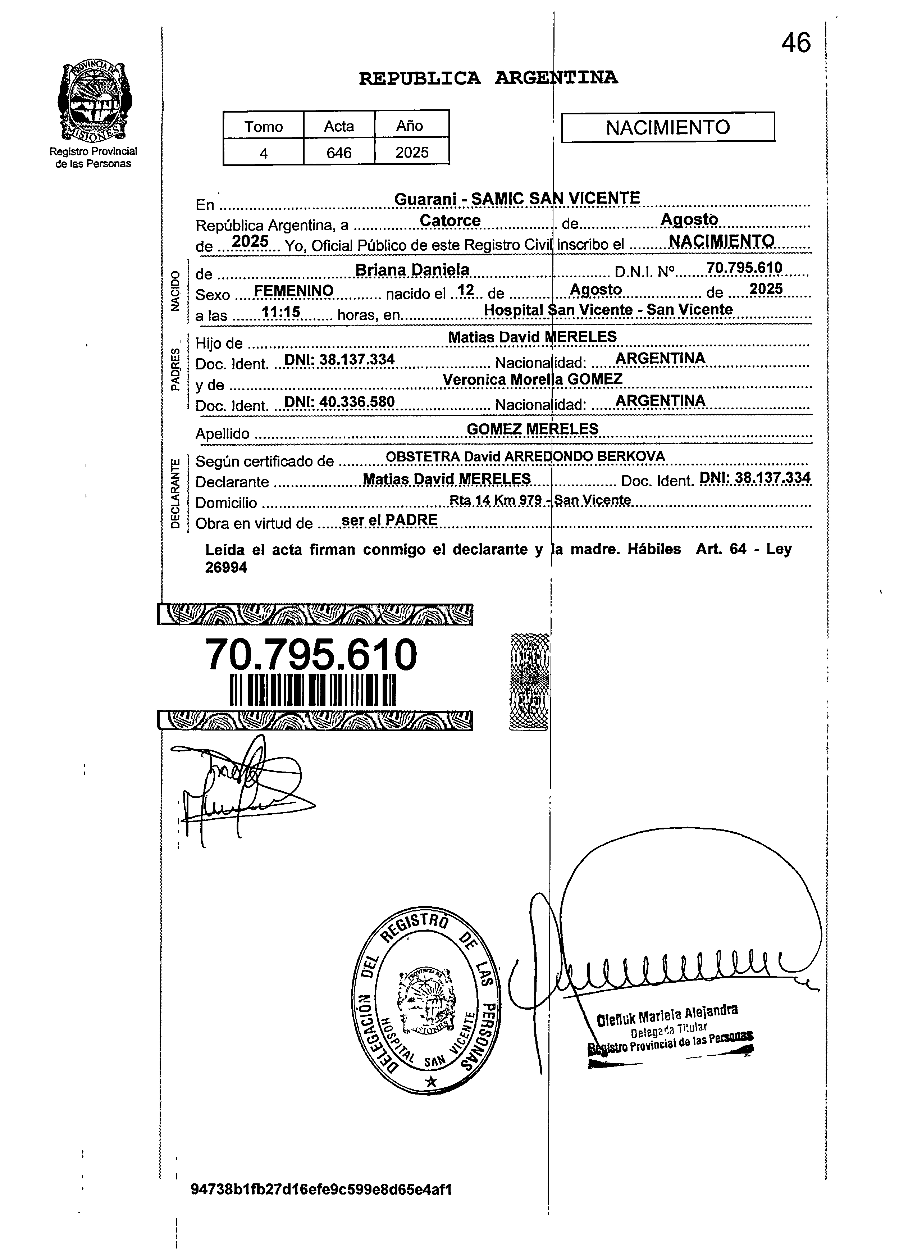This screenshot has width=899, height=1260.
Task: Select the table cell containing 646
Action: (339, 152)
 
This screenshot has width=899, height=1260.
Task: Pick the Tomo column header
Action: (264, 126)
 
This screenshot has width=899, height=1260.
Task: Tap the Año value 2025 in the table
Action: (412, 152)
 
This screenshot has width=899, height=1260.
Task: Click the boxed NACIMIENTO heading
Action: (668, 127)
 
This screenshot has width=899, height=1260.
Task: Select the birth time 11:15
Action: (280, 312)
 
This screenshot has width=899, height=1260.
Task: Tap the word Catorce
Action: (450, 220)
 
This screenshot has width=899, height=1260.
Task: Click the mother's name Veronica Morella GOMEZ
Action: (533, 379)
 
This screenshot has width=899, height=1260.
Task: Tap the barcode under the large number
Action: (313, 690)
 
